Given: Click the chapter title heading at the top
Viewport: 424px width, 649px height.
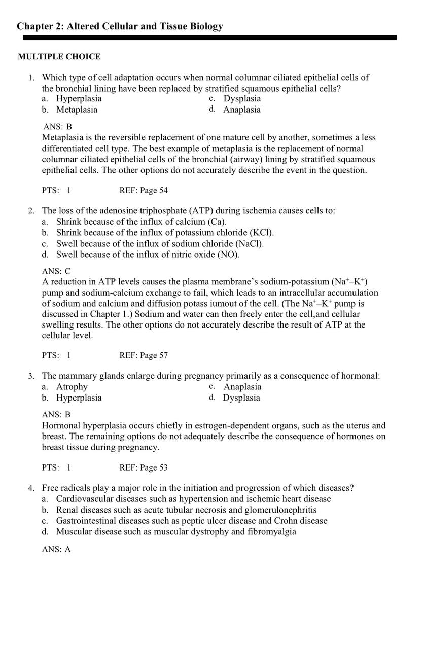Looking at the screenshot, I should pos(120,26).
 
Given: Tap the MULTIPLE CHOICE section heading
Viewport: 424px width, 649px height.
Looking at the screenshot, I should pos(59,57).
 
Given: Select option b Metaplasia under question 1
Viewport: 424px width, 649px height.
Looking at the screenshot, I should pos(77,110).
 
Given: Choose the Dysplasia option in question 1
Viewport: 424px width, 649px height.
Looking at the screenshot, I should pos(242,98).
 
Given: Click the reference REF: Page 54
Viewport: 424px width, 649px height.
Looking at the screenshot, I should pos(144,191).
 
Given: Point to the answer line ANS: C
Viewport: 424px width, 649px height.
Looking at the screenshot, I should pos(56,271).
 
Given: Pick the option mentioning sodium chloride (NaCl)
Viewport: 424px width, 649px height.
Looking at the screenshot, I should pos(160,243).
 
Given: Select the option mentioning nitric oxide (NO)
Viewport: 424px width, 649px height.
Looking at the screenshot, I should pos(148,254).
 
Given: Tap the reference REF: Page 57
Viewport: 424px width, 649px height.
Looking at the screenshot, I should pos(144,355).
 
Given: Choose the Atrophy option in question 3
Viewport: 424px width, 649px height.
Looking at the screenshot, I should pos(72,387).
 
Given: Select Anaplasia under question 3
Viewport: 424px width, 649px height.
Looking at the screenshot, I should pos(242,387).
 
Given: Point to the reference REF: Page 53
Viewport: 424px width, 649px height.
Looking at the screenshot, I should pos(144,467).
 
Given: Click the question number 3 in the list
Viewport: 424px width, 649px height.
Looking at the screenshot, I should pos(31,376).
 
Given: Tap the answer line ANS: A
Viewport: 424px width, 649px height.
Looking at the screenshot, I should pos(56,549).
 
